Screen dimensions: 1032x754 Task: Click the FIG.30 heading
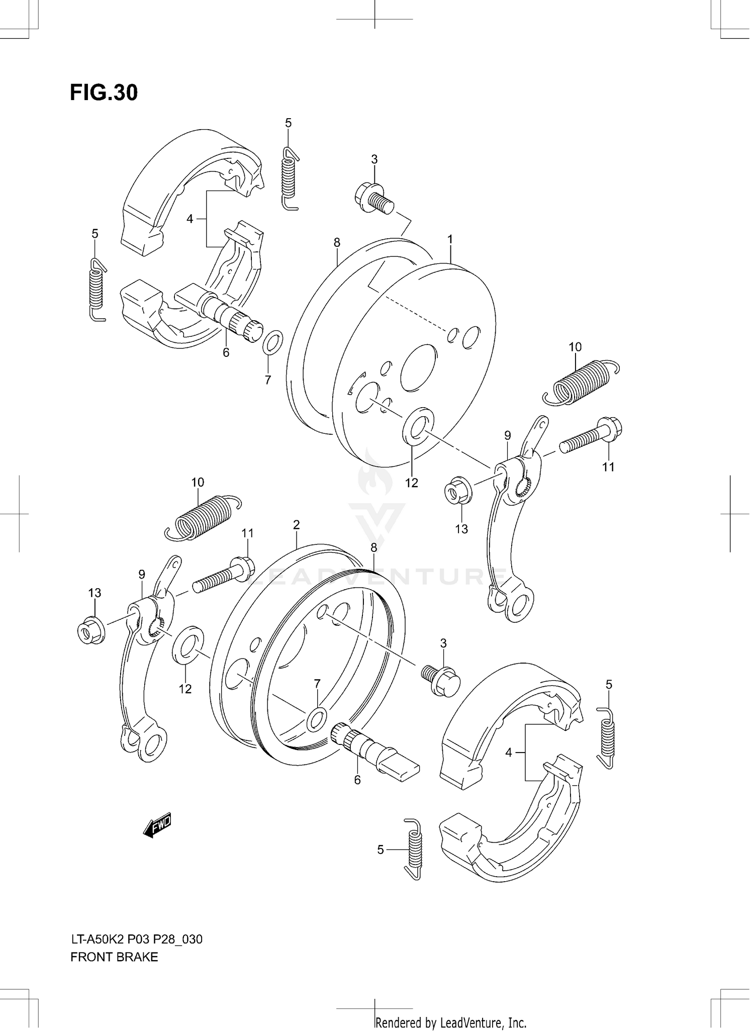(x=104, y=93)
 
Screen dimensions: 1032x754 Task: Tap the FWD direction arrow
(x=158, y=826)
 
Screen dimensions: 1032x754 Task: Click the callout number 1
(x=450, y=240)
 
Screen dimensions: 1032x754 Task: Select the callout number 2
(x=296, y=525)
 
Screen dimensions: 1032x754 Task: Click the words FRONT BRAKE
(x=114, y=957)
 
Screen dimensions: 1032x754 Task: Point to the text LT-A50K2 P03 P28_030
(x=136, y=939)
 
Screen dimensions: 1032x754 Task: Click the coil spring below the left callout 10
(x=204, y=518)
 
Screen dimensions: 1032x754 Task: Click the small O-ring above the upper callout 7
(x=272, y=343)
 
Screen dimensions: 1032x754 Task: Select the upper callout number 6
(x=226, y=353)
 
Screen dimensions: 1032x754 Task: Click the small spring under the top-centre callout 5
(x=289, y=178)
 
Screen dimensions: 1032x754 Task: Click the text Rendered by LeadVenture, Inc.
(x=451, y=1022)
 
